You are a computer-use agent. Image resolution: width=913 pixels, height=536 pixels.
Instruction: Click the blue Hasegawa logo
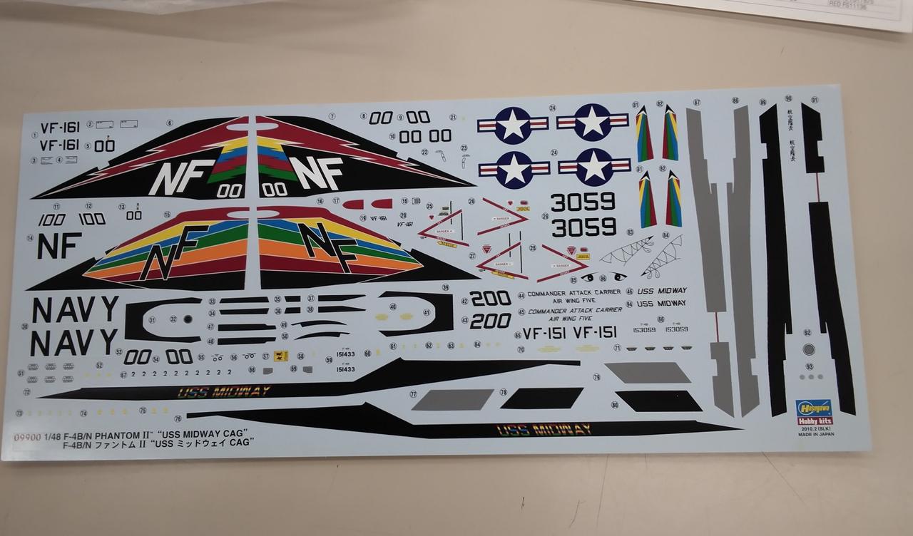[x=813, y=407]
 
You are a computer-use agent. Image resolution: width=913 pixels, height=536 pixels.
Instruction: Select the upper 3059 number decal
[x=583, y=202]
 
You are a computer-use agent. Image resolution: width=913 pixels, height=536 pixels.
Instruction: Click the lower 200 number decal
[x=490, y=321]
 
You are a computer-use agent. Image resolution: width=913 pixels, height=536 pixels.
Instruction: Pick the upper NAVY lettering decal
[x=75, y=309]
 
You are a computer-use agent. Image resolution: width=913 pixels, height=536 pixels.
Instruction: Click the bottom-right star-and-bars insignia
[x=594, y=167]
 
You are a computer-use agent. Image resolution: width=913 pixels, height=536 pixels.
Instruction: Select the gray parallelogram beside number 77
[x=453, y=399]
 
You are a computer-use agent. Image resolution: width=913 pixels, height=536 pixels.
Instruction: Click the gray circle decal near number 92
[x=809, y=349]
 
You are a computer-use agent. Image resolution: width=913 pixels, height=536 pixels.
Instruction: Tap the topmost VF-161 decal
[x=60, y=128]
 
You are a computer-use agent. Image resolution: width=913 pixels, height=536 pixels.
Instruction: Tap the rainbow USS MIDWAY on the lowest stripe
[x=544, y=429]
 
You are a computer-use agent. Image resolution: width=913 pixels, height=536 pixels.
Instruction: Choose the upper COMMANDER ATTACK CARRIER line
[x=575, y=294]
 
